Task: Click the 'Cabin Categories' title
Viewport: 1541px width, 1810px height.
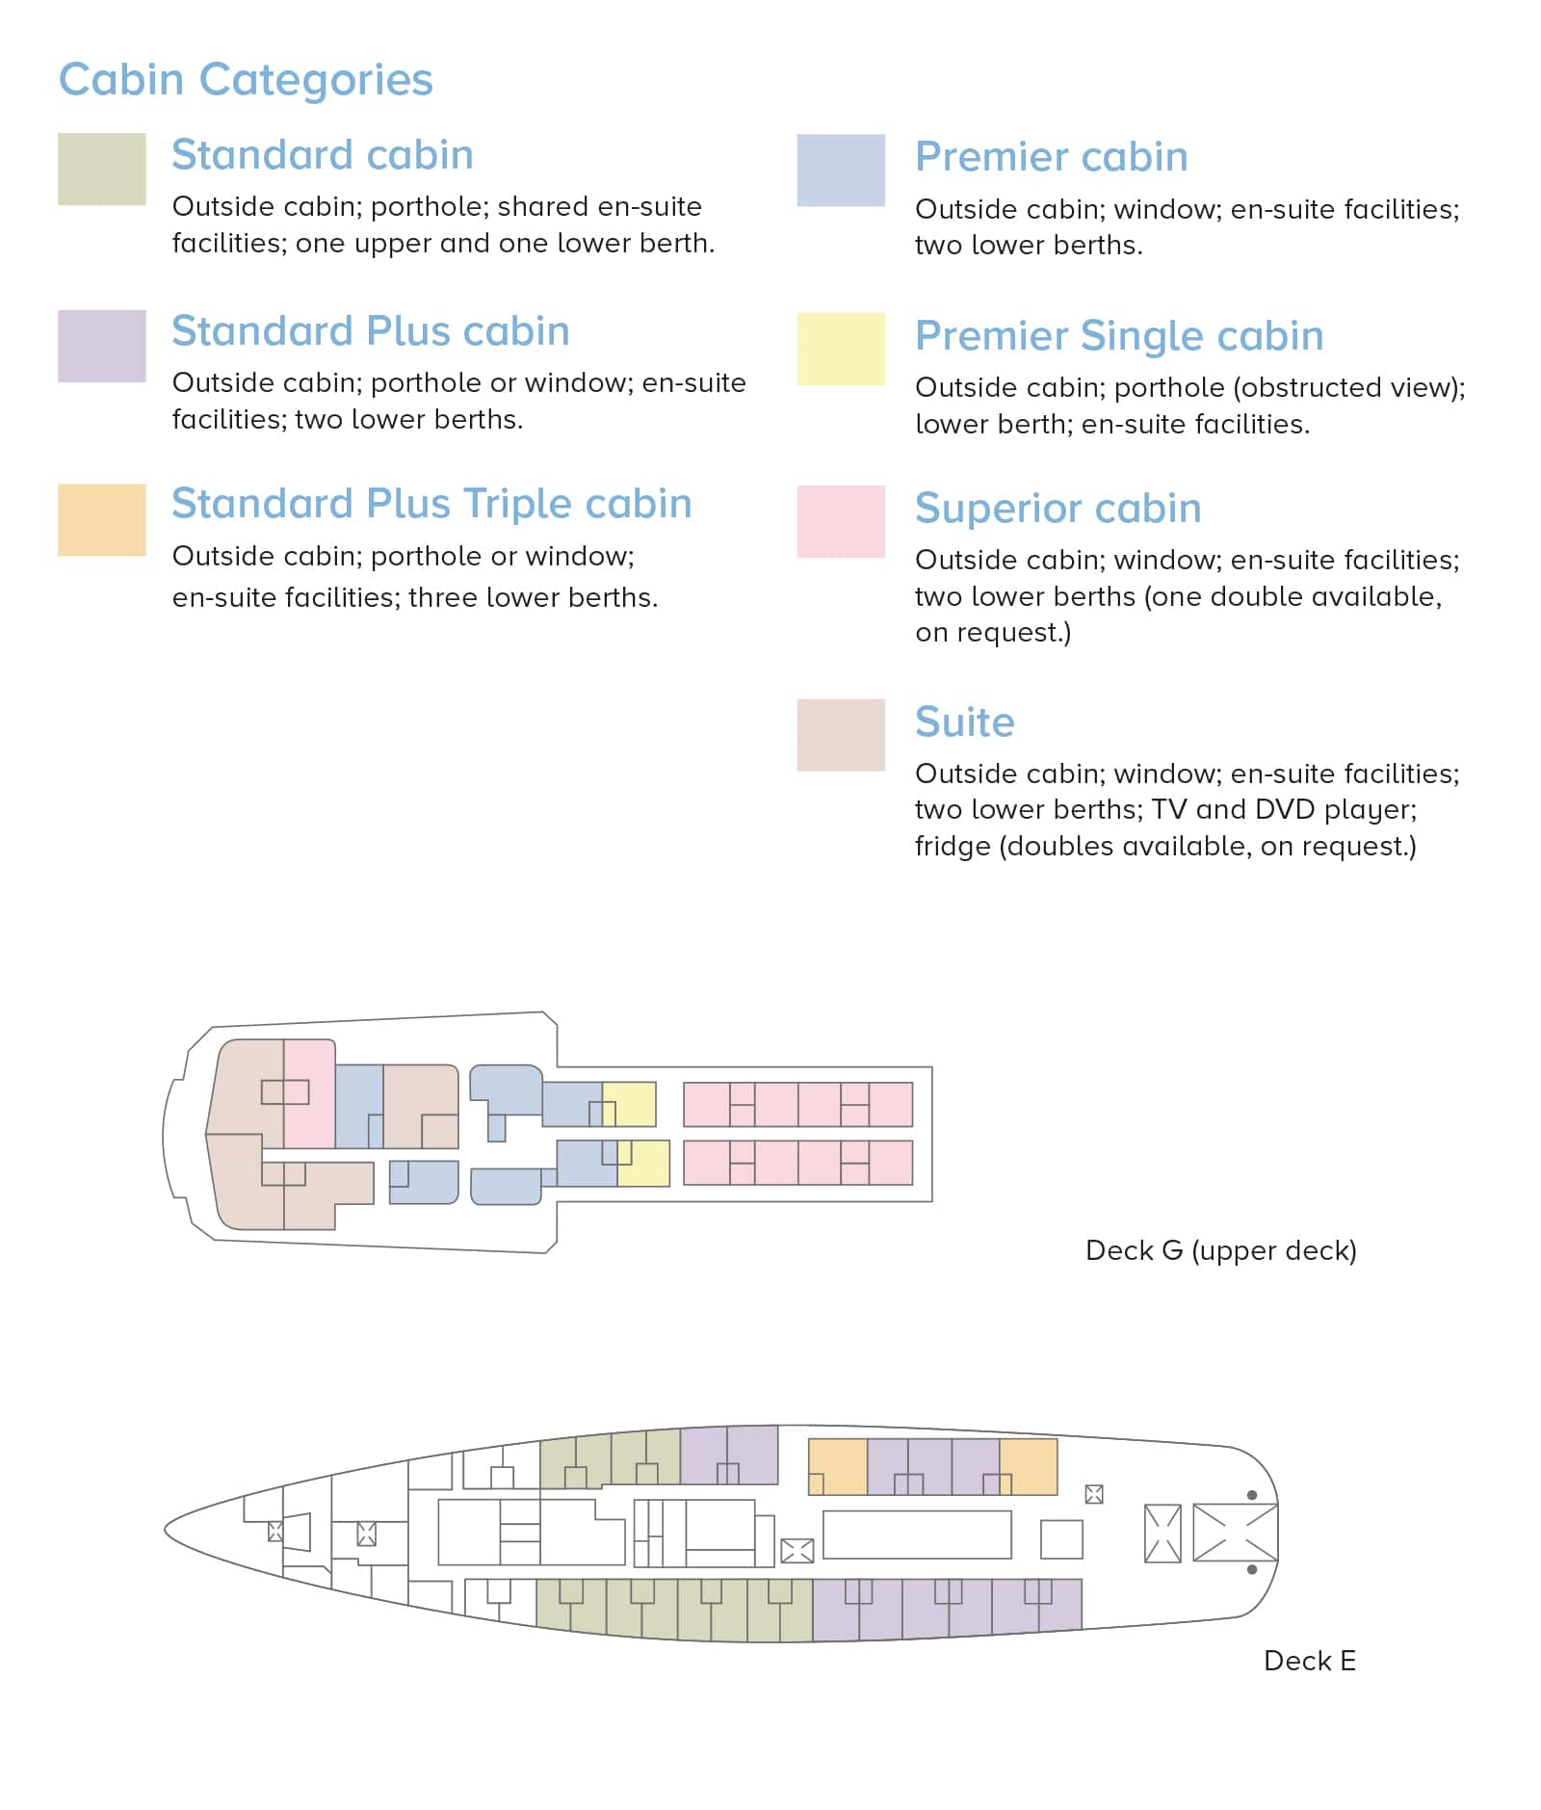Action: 246,79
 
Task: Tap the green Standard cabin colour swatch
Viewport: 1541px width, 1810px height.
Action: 102,169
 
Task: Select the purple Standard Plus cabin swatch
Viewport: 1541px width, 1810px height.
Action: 102,346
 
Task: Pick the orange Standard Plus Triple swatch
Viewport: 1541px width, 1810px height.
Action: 102,520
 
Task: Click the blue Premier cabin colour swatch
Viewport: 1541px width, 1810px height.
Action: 841,171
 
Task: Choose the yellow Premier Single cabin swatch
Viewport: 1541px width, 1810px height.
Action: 841,349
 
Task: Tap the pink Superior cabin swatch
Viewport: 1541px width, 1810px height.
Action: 841,522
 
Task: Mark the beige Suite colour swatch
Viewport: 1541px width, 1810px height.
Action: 841,735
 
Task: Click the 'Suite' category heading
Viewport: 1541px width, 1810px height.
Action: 965,721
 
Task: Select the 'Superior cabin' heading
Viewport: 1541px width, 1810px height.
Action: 1058,509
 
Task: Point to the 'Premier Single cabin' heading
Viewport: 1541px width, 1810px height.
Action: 1119,335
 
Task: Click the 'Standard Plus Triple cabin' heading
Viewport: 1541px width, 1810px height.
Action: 431,504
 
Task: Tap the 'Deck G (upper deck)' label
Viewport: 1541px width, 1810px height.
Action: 1221,1250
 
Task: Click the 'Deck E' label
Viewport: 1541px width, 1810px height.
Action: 1310,1661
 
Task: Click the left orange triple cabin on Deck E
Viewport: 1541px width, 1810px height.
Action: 838,1466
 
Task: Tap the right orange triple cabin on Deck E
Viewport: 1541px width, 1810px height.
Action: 1029,1466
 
